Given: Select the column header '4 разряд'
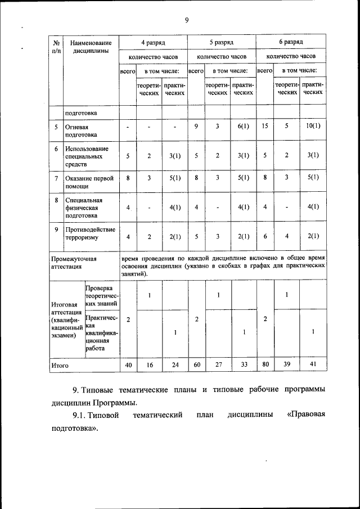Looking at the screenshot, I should click(x=152, y=42).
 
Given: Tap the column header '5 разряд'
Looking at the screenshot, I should click(x=221, y=42).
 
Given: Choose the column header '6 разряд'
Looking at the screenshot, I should click(x=291, y=42).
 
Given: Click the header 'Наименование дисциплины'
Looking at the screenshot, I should click(x=92, y=47).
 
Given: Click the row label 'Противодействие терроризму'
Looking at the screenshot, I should click(x=90, y=233).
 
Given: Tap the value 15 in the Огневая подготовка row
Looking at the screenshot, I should click(x=264, y=127).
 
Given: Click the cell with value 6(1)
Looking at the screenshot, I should click(x=243, y=127).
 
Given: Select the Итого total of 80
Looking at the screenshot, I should click(x=264, y=364).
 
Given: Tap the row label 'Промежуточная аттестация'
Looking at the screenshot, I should click(x=74, y=263).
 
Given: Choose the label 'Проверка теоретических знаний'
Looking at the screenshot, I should click(x=102, y=296).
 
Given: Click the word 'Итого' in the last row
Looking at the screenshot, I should click(x=60, y=365).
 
